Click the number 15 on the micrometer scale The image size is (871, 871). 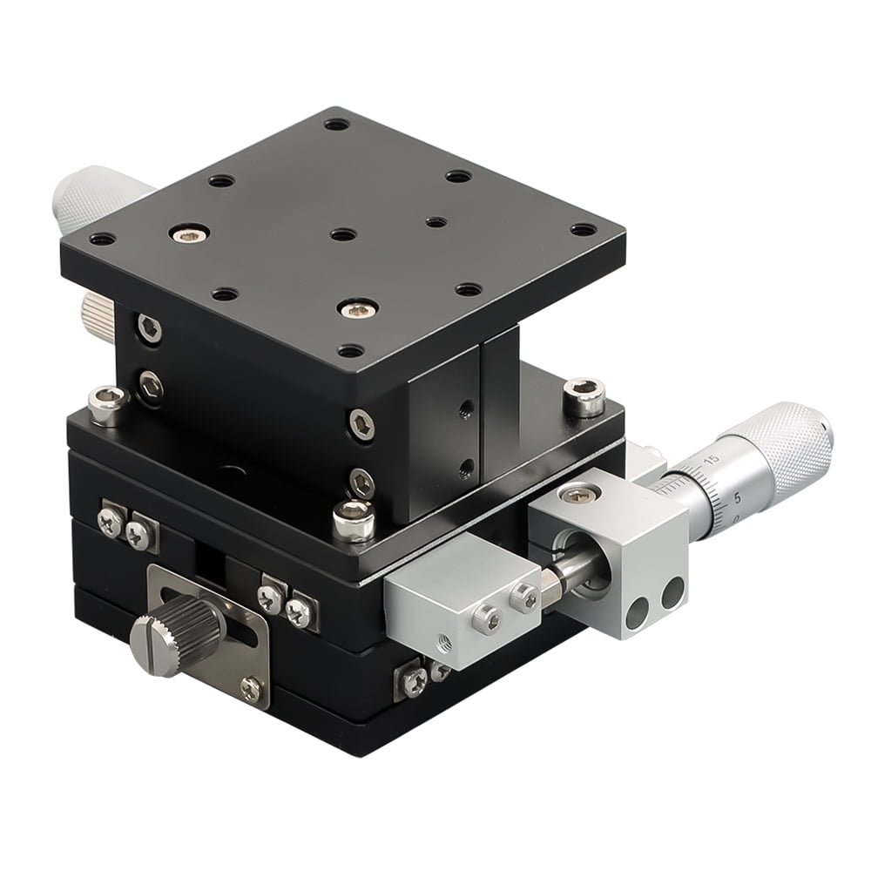tap(711, 460)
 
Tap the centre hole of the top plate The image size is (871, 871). tap(343, 234)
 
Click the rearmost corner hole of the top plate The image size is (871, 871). tap(336, 124)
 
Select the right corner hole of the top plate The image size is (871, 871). tap(583, 230)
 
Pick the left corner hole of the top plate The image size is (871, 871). tap(102, 239)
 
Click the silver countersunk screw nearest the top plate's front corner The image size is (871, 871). tap(358, 308)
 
